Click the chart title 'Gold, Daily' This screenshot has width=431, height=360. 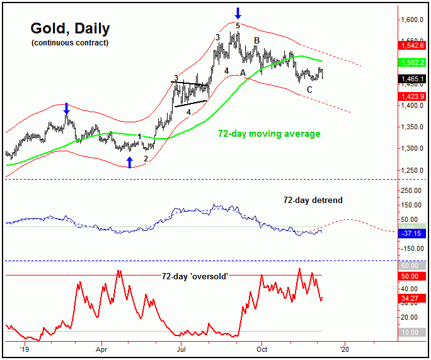tap(70, 28)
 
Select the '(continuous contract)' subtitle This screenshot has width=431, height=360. tap(69, 43)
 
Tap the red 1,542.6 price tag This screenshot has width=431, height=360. tap(413, 46)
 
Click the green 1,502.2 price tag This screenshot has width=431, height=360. tap(413, 63)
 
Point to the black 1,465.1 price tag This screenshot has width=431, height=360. tap(413, 79)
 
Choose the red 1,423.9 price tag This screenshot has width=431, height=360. tap(413, 96)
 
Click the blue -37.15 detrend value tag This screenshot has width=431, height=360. tap(413, 233)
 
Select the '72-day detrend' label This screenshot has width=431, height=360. tap(313, 200)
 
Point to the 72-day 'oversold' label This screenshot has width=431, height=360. tap(194, 276)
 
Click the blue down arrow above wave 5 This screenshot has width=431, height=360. tap(238, 12)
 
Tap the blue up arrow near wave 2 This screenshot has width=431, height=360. tap(129, 163)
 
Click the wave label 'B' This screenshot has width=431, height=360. tap(256, 41)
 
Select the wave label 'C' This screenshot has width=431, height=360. tap(309, 90)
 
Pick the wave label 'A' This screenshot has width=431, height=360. tap(243, 73)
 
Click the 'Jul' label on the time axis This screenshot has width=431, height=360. tap(181, 347)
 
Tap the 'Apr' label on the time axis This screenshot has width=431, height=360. tap(101, 347)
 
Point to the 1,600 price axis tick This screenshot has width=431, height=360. tap(414, 20)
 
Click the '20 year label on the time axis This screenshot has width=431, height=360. tap(343, 347)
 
